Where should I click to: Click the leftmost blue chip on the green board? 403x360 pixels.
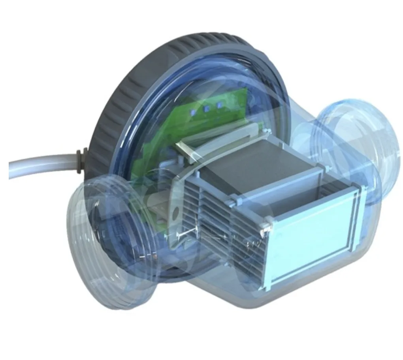(194, 112)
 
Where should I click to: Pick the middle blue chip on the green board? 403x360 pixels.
(206, 109)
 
